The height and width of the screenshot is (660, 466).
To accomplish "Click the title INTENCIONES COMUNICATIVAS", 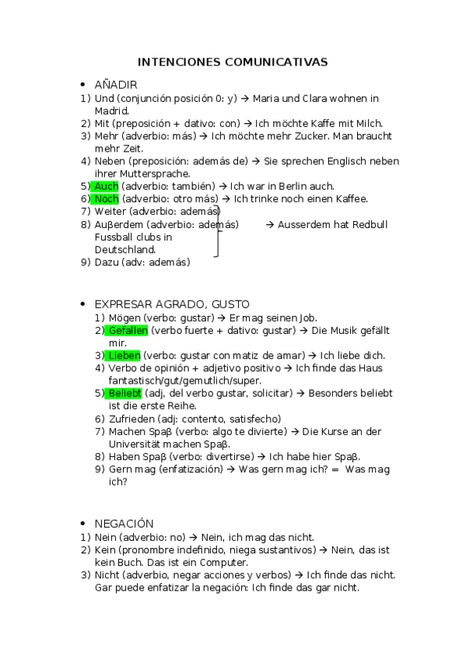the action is [233, 61].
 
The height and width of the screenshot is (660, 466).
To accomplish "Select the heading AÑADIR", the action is [116, 84].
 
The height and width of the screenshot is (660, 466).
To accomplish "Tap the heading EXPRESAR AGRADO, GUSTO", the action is [172, 304].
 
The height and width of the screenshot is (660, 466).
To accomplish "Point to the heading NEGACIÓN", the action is [124, 524].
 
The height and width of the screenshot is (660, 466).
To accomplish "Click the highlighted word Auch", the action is [106, 186].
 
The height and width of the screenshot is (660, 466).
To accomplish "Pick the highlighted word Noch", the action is [106, 199].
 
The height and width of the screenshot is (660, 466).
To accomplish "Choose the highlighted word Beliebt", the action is [124, 393].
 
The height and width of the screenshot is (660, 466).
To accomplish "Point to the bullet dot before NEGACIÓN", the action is [82, 524].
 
